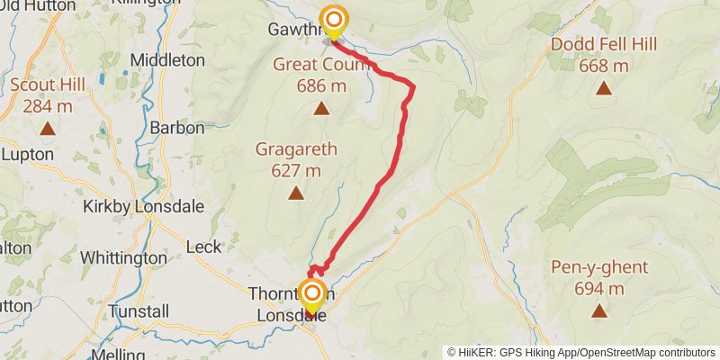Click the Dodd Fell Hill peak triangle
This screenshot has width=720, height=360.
click(603, 88)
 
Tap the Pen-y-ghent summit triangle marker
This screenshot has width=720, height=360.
click(598, 311)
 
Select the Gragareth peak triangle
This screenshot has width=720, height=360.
click(295, 193)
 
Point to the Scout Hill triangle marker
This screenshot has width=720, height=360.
click(47, 129)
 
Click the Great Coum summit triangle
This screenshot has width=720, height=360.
click(320, 109)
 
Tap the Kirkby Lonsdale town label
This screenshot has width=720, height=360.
click(143, 206)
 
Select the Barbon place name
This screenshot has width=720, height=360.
click(177, 128)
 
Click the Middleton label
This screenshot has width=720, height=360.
click(168, 59)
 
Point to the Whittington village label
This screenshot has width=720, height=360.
click(124, 257)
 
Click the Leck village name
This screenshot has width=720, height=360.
click(202, 246)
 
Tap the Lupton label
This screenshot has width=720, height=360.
click(22, 154)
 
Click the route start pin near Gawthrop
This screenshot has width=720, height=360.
click(334, 20)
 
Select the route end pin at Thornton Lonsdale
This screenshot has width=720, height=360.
click(312, 294)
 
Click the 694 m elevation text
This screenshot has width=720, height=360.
click(598, 289)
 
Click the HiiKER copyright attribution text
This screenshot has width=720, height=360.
click(581, 352)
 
